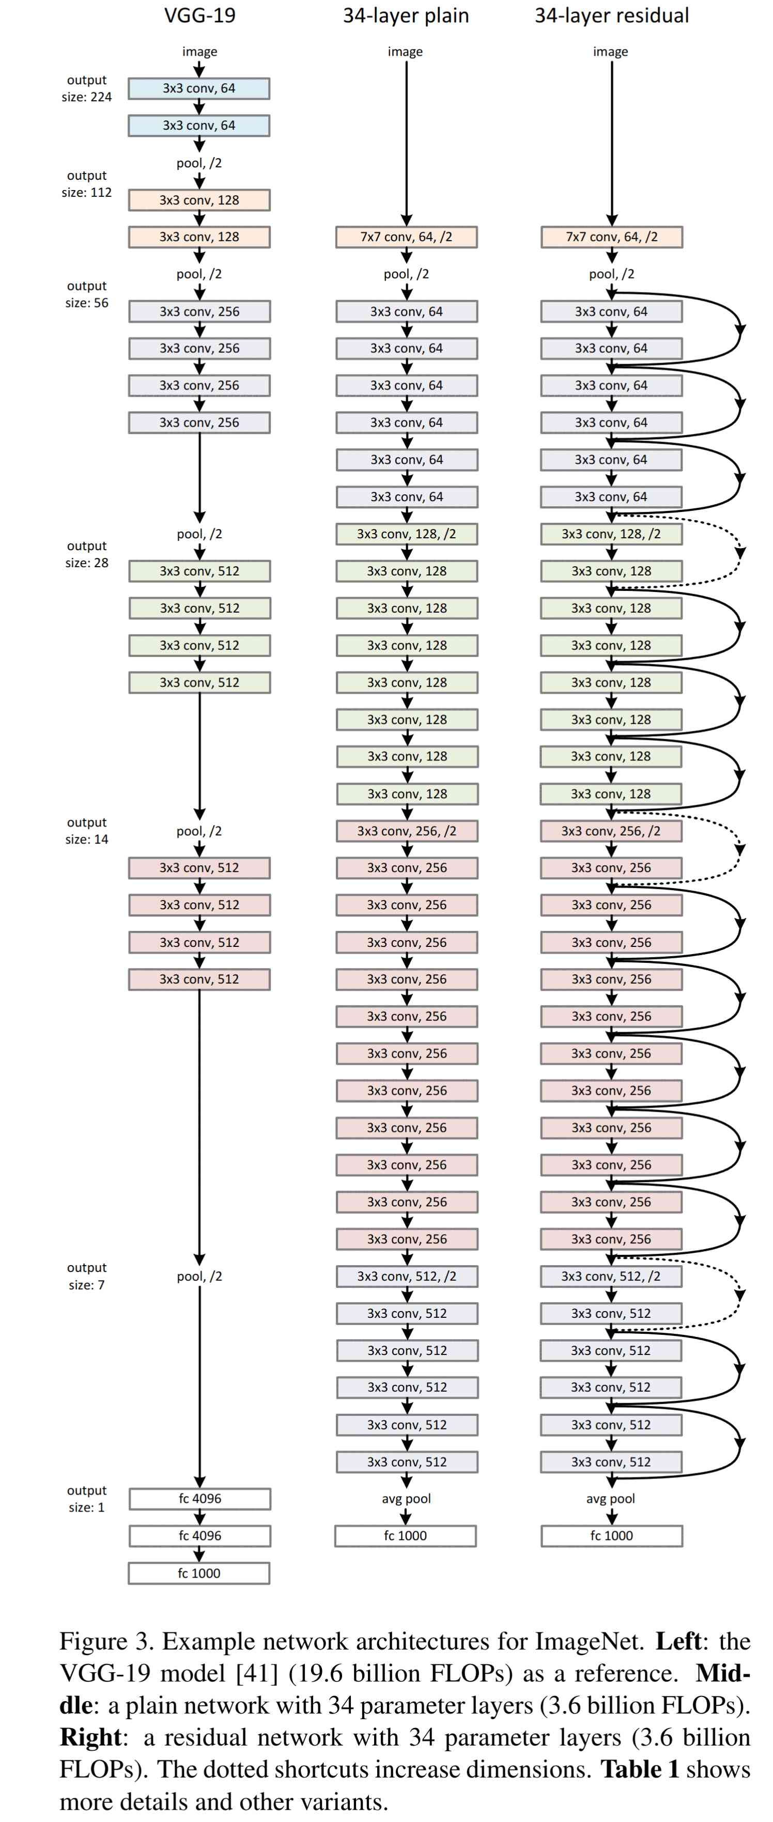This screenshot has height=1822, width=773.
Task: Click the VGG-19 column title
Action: (x=199, y=15)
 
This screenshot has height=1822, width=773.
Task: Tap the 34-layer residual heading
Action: (x=611, y=15)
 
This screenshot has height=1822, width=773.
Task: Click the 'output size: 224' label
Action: (x=86, y=88)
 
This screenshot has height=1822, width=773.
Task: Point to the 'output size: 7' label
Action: (x=86, y=1276)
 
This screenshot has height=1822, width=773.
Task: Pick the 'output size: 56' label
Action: (x=86, y=294)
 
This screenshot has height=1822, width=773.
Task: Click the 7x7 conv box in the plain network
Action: (x=406, y=237)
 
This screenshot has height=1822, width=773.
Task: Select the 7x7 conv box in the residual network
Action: (x=611, y=237)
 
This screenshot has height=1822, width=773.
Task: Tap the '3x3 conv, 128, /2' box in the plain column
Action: (x=406, y=534)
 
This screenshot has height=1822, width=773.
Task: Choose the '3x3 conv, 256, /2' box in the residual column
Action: (x=611, y=831)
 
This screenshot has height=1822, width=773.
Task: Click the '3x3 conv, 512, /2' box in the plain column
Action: (x=406, y=1276)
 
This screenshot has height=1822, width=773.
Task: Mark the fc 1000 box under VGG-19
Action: (x=199, y=1573)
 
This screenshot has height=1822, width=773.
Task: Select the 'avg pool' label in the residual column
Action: (x=610, y=1498)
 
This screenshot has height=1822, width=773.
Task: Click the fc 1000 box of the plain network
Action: (x=405, y=1535)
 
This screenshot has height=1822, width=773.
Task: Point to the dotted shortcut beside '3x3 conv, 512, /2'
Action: (x=739, y=1295)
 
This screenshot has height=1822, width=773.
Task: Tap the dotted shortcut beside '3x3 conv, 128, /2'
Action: (x=739, y=552)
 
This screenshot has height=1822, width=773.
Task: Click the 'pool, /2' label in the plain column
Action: (x=406, y=274)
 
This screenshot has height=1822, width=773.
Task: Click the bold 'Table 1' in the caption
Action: (x=639, y=1769)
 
